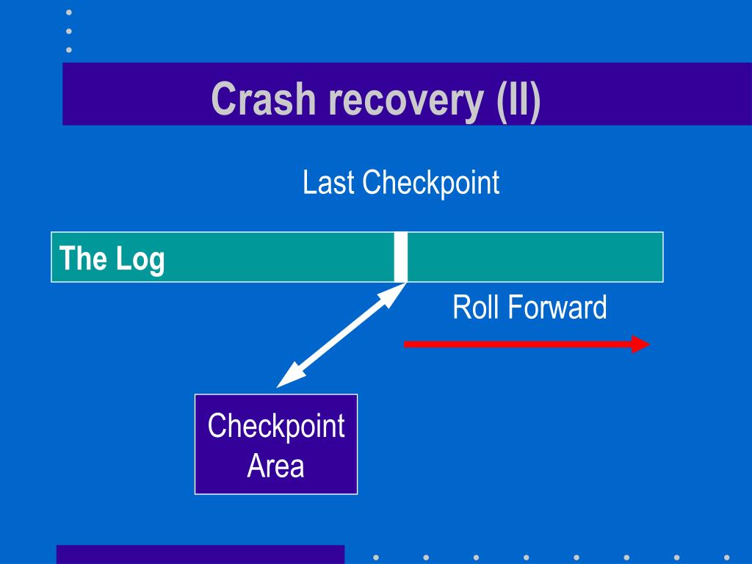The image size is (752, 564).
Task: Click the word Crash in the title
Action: pyautogui.click(x=264, y=99)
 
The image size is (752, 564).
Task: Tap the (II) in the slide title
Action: pyautogui.click(x=518, y=101)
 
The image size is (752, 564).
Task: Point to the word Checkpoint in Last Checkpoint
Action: pyautogui.click(x=430, y=183)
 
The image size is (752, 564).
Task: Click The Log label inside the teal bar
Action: pyautogui.click(x=112, y=259)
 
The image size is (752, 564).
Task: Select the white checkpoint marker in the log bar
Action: pyautogui.click(x=400, y=257)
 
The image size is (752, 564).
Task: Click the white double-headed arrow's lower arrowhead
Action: pyautogui.click(x=289, y=377)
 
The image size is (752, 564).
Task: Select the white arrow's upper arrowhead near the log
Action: pyautogui.click(x=394, y=294)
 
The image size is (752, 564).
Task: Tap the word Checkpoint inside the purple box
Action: pyautogui.click(x=276, y=426)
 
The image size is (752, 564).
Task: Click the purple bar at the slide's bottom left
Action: pyautogui.click(x=200, y=554)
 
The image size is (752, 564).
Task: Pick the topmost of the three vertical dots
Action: pyautogui.click(x=69, y=12)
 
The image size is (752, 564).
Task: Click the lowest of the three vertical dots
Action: pyautogui.click(x=69, y=50)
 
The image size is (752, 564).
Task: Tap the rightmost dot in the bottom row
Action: pyautogui.click(x=726, y=557)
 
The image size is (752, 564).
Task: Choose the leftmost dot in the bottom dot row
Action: pyautogui.click(x=376, y=557)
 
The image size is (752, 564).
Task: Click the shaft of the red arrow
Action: pyautogui.click(x=518, y=344)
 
